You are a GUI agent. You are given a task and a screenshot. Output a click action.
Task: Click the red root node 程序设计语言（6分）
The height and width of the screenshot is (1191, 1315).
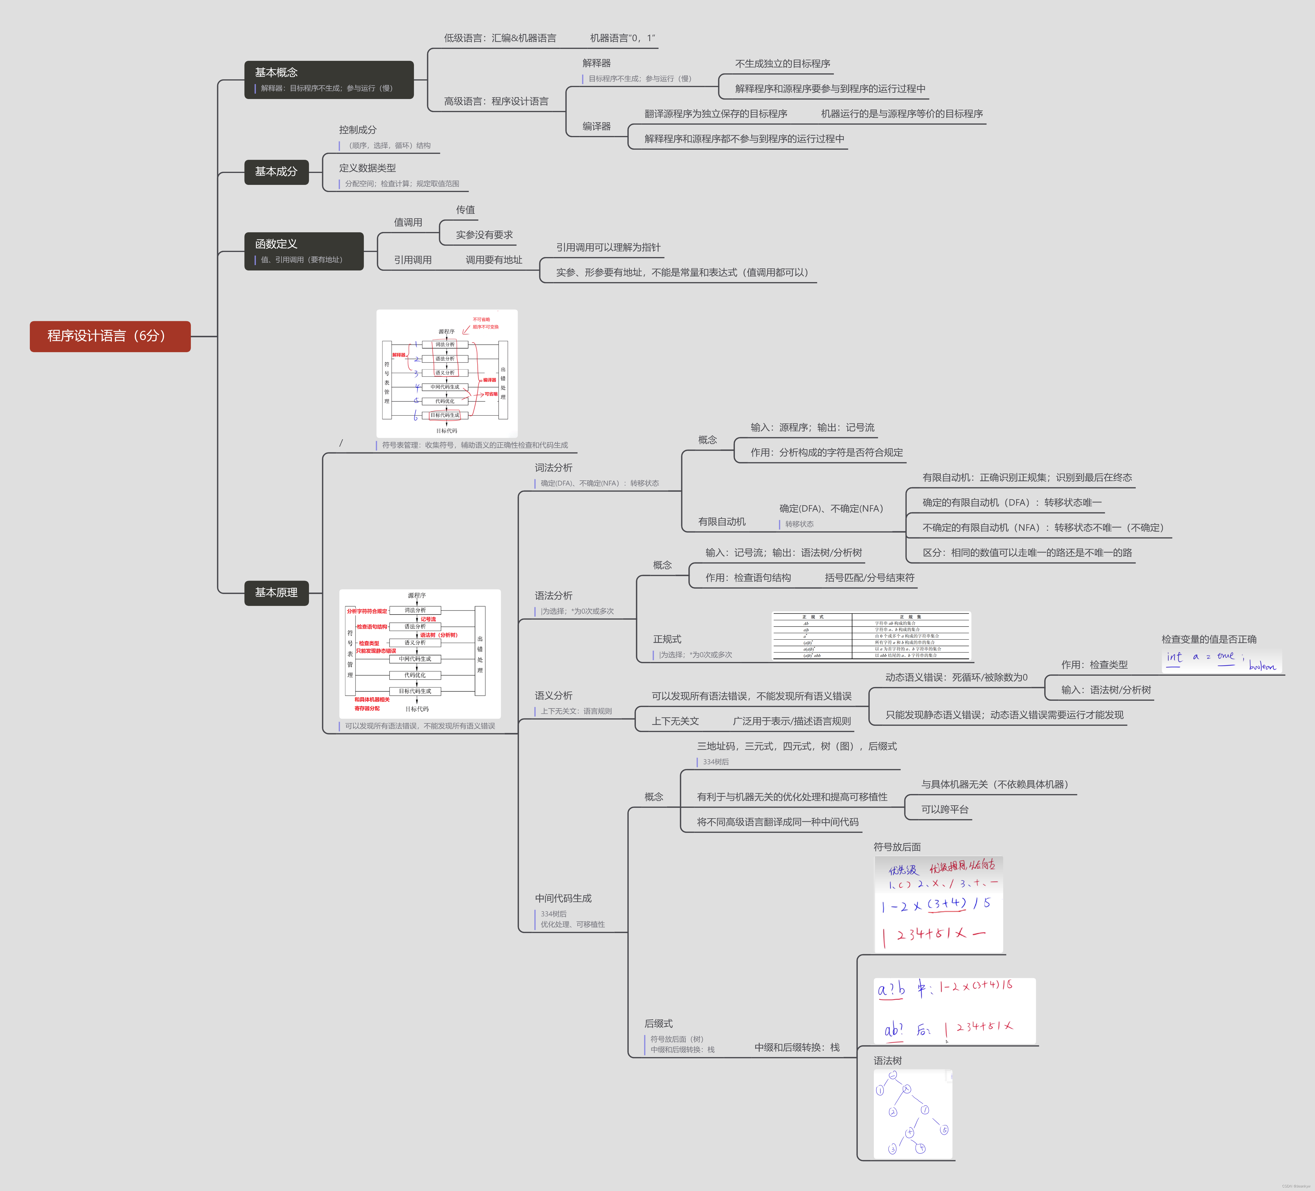pyautogui.click(x=109, y=336)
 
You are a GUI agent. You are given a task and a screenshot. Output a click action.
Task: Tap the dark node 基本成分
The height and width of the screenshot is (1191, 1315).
pyautogui.click(x=276, y=171)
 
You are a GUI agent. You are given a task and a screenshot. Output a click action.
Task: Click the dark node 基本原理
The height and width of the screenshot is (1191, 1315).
pyautogui.click(x=276, y=592)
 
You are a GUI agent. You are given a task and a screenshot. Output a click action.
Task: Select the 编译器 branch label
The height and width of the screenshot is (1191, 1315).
pyautogui.click(x=596, y=126)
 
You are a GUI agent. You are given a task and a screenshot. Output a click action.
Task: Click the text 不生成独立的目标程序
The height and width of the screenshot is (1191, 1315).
pyautogui.click(x=782, y=63)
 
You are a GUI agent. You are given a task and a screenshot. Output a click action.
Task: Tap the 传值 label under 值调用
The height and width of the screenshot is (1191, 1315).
pyautogui.click(x=465, y=209)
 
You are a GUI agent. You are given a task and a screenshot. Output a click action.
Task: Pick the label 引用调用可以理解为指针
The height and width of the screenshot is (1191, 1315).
pyautogui.click(x=608, y=247)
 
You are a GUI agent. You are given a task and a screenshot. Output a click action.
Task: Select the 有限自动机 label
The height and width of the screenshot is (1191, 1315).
pyautogui.click(x=721, y=522)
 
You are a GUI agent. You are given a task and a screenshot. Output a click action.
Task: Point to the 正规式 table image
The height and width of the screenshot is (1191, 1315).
pyautogui.click(x=871, y=636)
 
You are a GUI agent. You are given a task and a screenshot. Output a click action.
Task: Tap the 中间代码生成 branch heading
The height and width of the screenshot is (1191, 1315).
pyautogui.click(x=563, y=898)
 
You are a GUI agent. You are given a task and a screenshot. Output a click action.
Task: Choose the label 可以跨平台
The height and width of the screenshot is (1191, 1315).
pyautogui.click(x=945, y=809)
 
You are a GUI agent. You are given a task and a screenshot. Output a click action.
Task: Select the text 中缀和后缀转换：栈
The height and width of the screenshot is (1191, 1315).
pyautogui.click(x=796, y=1047)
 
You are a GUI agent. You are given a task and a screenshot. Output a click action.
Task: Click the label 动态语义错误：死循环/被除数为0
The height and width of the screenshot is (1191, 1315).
pyautogui.click(x=956, y=677)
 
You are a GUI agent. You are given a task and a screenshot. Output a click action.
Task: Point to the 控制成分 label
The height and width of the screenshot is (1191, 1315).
pyautogui.click(x=357, y=130)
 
